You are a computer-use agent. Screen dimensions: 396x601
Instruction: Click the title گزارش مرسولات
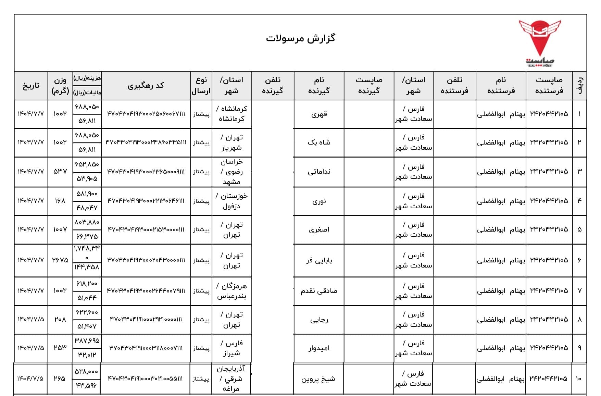[x=300, y=38]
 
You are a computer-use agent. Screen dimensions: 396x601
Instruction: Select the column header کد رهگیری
[x=146, y=85]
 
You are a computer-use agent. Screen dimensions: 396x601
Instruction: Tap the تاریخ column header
[x=31, y=85]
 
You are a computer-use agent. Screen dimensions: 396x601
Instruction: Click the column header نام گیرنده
[x=319, y=85]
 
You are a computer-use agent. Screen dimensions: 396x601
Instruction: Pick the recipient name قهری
[x=319, y=114]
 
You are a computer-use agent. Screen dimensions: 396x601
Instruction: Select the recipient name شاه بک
[x=319, y=143]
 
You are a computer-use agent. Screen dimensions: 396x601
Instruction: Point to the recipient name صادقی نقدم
[x=319, y=291]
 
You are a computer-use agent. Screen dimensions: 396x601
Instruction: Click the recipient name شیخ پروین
[x=318, y=379]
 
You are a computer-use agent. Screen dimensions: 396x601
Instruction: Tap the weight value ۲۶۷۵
[x=60, y=260]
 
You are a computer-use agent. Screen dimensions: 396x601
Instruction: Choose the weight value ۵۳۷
[x=60, y=171]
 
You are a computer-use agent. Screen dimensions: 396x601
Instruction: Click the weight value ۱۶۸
[x=60, y=201]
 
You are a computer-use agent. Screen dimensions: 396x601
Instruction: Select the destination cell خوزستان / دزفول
[x=231, y=201]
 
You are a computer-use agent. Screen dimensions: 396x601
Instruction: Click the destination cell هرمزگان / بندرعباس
[x=231, y=291]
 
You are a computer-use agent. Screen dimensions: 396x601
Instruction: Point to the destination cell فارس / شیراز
[x=231, y=348]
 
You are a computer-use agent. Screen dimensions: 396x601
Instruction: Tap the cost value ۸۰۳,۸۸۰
[x=87, y=222]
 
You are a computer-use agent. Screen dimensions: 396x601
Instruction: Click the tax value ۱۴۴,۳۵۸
[x=87, y=267]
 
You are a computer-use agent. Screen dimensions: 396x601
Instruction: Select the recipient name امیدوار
[x=319, y=348]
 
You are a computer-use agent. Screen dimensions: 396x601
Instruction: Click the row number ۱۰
[x=579, y=379]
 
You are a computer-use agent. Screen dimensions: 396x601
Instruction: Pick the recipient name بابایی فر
[x=319, y=260]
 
